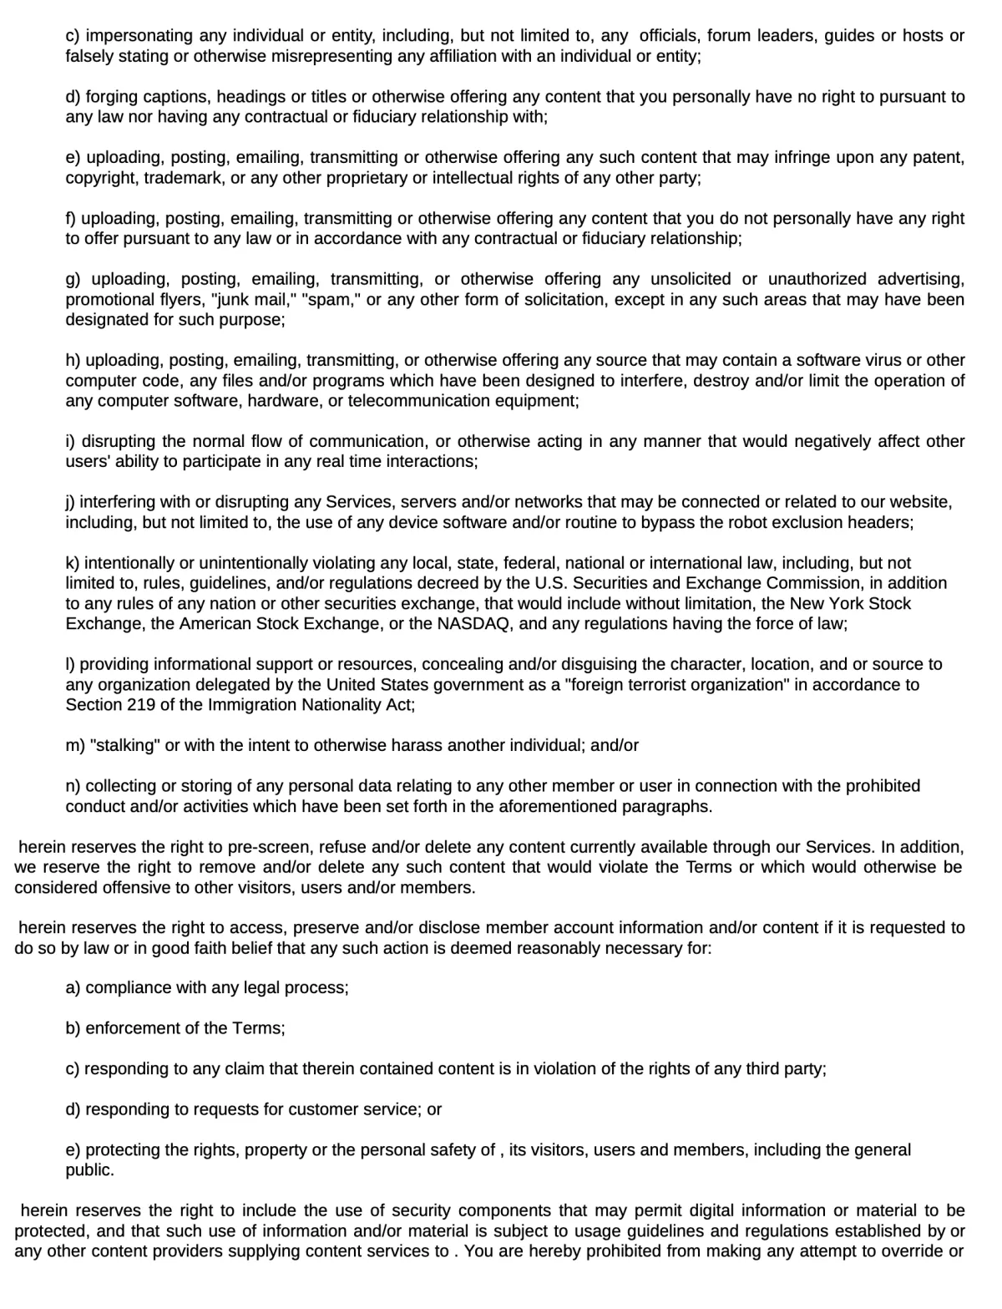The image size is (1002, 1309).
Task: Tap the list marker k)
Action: (x=73, y=563)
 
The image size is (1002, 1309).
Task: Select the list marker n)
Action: (x=73, y=786)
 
